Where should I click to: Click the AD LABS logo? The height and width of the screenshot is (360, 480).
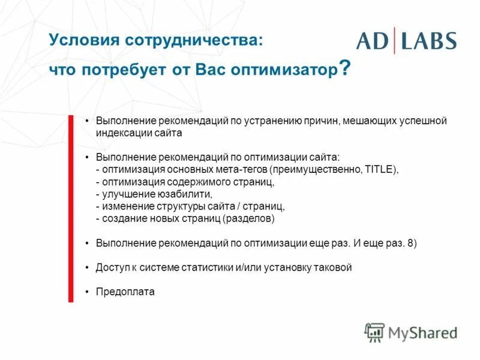[406, 40]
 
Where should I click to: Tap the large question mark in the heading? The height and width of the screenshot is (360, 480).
[344, 68]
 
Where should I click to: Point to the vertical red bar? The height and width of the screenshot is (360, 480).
[71, 207]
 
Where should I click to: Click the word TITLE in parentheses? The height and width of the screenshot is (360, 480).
[379, 170]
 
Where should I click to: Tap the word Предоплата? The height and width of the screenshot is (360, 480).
[125, 292]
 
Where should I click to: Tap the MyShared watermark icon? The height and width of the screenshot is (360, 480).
[374, 332]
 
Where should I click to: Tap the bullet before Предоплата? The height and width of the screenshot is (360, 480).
[88, 292]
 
